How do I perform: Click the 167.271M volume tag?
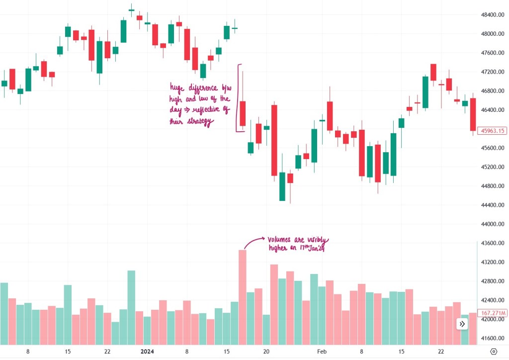[493, 313]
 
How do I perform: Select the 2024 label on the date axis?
[147, 351]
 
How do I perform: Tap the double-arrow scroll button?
[462, 324]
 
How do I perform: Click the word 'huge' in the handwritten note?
[178, 88]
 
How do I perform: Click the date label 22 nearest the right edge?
[441, 351]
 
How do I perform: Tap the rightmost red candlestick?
[473, 114]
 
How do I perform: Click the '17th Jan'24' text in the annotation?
[310, 249]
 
